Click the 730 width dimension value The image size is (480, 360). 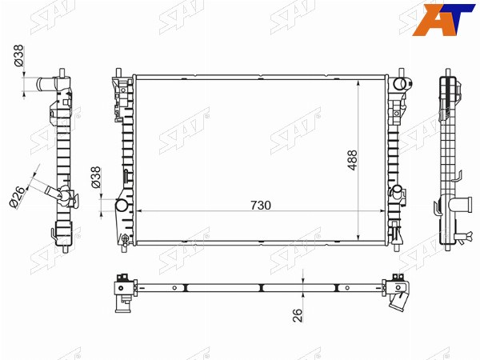[261, 206]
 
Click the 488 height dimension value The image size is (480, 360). [352, 160]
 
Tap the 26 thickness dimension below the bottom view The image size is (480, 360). [298, 315]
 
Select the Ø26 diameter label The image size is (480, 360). [18, 197]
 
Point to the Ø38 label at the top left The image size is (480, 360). [18, 56]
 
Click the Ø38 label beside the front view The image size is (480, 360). [96, 177]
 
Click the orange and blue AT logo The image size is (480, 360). [442, 19]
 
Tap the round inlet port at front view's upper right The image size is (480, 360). [400, 83]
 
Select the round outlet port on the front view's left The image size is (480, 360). [122, 205]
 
